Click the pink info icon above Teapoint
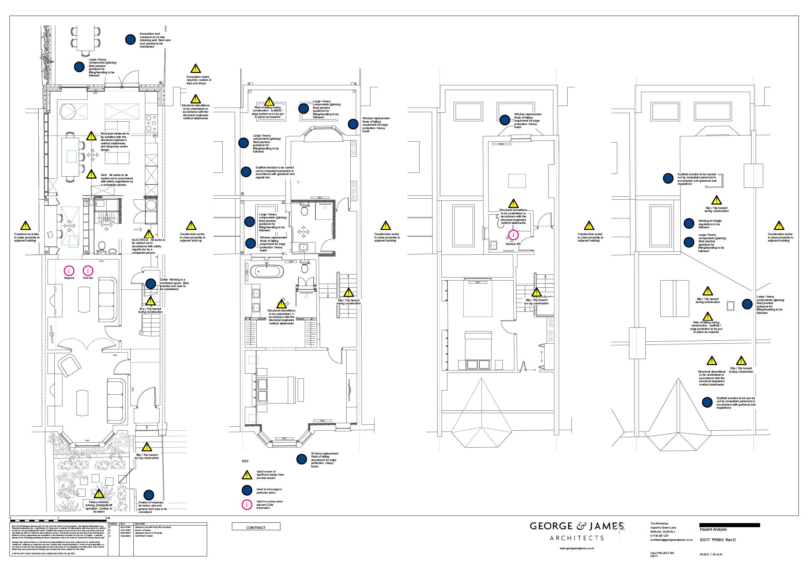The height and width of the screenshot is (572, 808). pyautogui.click(x=69, y=270)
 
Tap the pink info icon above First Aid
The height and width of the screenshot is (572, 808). pyautogui.click(x=88, y=270)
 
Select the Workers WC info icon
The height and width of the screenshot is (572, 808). pyautogui.click(x=513, y=235)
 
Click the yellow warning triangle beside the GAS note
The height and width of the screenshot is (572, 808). pyautogui.click(x=92, y=174)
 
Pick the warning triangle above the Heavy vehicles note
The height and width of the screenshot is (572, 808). pyautogui.click(x=99, y=494)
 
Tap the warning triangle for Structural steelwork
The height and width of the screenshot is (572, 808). pyautogui.click(x=92, y=136)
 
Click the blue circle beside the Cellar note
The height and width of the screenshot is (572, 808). pyautogui.click(x=151, y=284)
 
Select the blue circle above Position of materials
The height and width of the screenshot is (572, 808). pyautogui.click(x=149, y=495)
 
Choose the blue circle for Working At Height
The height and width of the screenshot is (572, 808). pyautogui.click(x=689, y=223)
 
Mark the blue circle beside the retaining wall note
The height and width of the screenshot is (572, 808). pyautogui.click(x=130, y=40)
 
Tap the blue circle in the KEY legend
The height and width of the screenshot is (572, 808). pyautogui.click(x=247, y=490)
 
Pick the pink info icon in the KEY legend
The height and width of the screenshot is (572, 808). pyautogui.click(x=247, y=505)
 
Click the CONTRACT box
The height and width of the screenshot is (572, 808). pyautogui.click(x=256, y=527)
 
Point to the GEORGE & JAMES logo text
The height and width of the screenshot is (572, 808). pyautogui.click(x=577, y=526)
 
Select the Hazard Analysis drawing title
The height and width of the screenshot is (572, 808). pyautogui.click(x=713, y=529)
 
